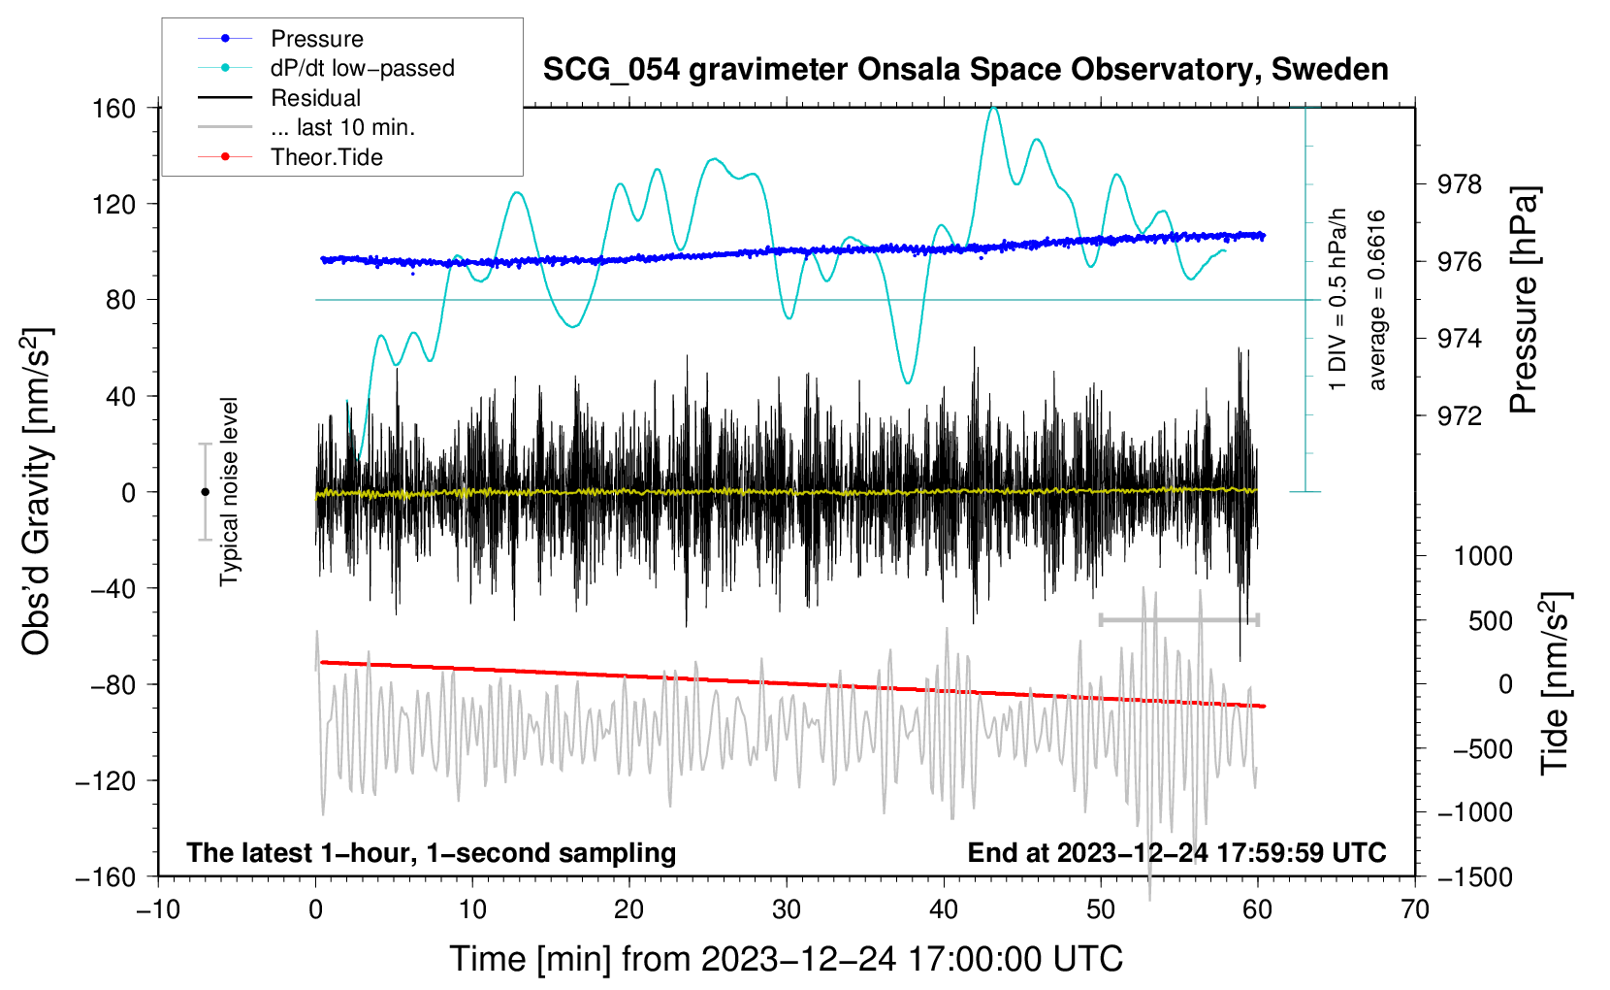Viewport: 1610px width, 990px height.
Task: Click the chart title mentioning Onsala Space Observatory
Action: tap(965, 70)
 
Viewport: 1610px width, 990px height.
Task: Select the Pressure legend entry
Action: tap(316, 39)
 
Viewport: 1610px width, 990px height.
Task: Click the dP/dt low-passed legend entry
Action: tap(362, 68)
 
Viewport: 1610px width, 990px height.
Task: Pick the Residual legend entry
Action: tap(315, 98)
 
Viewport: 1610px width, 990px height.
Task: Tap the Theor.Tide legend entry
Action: tap(326, 157)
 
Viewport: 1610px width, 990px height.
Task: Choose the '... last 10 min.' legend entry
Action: tap(342, 127)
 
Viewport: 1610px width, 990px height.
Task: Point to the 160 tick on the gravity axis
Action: tap(114, 108)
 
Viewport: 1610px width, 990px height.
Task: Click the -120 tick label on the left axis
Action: tap(106, 780)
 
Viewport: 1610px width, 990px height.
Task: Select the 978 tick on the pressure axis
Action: tap(1459, 184)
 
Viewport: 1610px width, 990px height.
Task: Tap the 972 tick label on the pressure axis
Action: tap(1459, 416)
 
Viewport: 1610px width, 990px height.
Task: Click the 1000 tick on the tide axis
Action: tap(1483, 556)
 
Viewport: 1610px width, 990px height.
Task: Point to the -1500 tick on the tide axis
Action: tap(1475, 877)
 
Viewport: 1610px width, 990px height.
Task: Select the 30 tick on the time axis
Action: tap(787, 909)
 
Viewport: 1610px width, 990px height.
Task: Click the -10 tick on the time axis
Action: tap(158, 909)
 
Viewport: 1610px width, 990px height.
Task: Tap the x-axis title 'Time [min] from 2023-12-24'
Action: tap(787, 959)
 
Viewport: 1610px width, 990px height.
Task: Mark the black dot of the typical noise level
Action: tap(205, 492)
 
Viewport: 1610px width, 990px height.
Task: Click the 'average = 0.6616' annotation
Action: tap(1377, 300)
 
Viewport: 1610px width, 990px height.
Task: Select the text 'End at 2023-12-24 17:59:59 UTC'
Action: tap(1176, 852)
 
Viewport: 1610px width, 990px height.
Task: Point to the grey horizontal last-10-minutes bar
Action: tap(1178, 619)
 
